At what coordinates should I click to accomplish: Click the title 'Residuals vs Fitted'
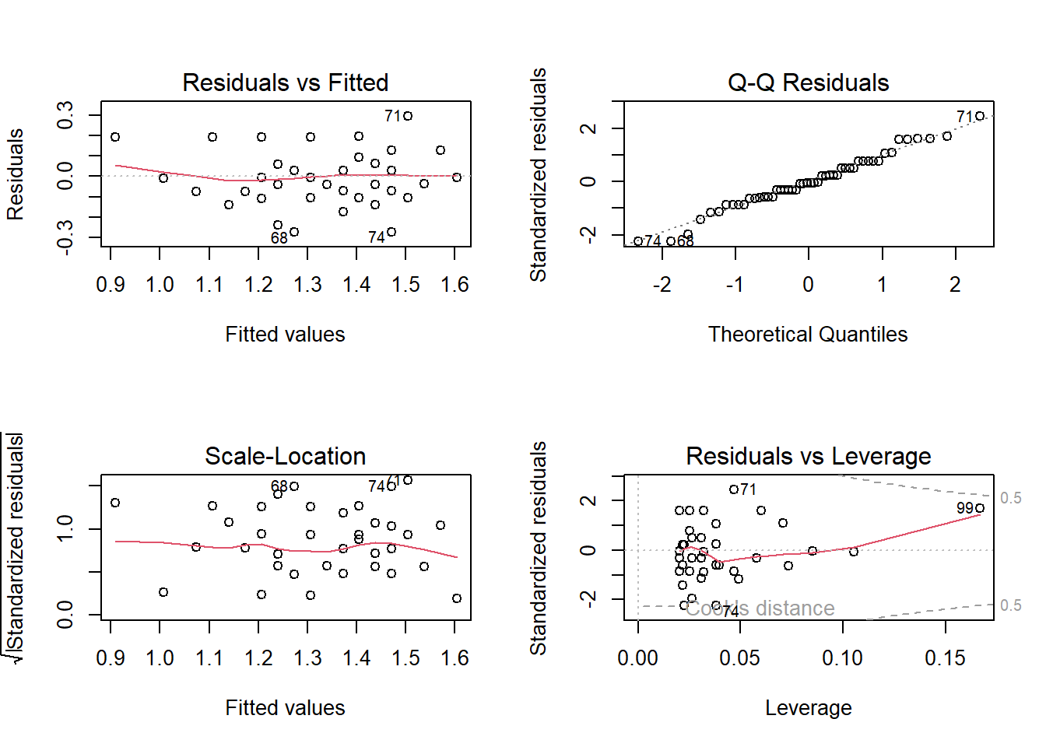pyautogui.click(x=285, y=82)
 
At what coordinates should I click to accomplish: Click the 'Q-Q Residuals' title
pyautogui.click(x=808, y=82)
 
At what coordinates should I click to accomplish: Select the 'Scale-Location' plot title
pyautogui.click(x=285, y=456)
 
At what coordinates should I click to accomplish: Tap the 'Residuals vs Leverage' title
pyautogui.click(x=808, y=456)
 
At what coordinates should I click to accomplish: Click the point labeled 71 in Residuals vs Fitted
pyautogui.click(x=408, y=116)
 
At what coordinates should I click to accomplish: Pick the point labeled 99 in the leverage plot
pyautogui.click(x=980, y=508)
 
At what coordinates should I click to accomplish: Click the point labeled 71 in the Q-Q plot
pyautogui.click(x=980, y=116)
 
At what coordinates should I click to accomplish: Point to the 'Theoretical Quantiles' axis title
pyautogui.click(x=808, y=335)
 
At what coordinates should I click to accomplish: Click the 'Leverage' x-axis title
pyautogui.click(x=808, y=708)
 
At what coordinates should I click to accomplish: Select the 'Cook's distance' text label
pyautogui.click(x=760, y=608)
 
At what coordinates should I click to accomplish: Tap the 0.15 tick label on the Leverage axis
pyautogui.click(x=945, y=658)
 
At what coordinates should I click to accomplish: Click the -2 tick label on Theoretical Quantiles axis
pyautogui.click(x=662, y=285)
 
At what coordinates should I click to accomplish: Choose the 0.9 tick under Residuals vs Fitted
pyautogui.click(x=111, y=285)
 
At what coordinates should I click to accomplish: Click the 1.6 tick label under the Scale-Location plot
pyautogui.click(x=455, y=658)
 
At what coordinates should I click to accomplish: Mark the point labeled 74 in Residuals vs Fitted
pyautogui.click(x=391, y=232)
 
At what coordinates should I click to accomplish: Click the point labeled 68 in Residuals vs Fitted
pyautogui.click(x=294, y=232)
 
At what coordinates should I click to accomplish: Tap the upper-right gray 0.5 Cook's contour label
pyautogui.click(x=1011, y=498)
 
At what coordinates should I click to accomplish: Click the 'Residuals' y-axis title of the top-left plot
pyautogui.click(x=16, y=174)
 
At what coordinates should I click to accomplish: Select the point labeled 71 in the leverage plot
pyautogui.click(x=734, y=489)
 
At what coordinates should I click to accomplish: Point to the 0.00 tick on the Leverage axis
pyautogui.click(x=637, y=658)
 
